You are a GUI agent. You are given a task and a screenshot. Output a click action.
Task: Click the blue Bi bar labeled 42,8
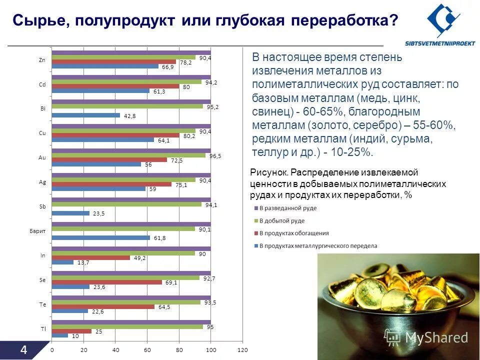[86, 115]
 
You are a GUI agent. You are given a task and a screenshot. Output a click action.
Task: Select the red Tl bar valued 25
[72, 331]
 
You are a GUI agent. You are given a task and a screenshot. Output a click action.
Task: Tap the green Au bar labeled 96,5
[128, 155]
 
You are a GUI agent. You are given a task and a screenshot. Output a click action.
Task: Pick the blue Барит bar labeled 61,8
[101, 237]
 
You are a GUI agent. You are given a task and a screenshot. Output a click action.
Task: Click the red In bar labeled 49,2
[91, 257]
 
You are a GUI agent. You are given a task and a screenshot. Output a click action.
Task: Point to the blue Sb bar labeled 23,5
[70, 213]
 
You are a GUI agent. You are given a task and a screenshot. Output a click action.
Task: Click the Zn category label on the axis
[42, 60]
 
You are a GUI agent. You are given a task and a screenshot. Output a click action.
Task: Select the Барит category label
[38, 231]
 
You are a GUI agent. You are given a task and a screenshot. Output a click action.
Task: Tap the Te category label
[42, 304]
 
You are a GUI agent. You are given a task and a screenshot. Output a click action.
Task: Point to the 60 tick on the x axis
[147, 350]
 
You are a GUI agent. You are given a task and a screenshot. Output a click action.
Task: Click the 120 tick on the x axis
[242, 350]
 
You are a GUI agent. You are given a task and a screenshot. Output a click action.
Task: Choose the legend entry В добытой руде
[284, 220]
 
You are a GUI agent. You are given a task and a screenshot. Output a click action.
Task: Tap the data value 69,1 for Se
[171, 282]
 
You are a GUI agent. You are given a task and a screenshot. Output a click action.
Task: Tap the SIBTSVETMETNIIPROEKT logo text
[439, 42]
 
